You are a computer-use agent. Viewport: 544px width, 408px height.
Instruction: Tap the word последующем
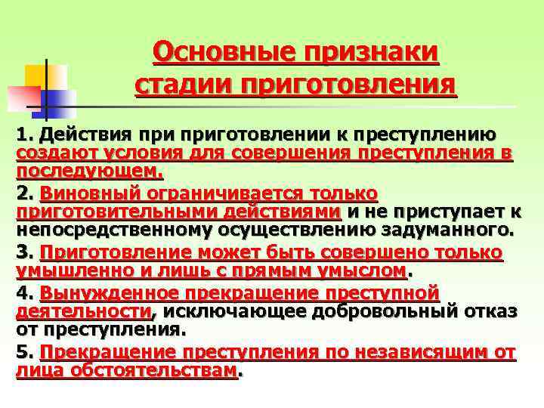pyautogui.click(x=88, y=172)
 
